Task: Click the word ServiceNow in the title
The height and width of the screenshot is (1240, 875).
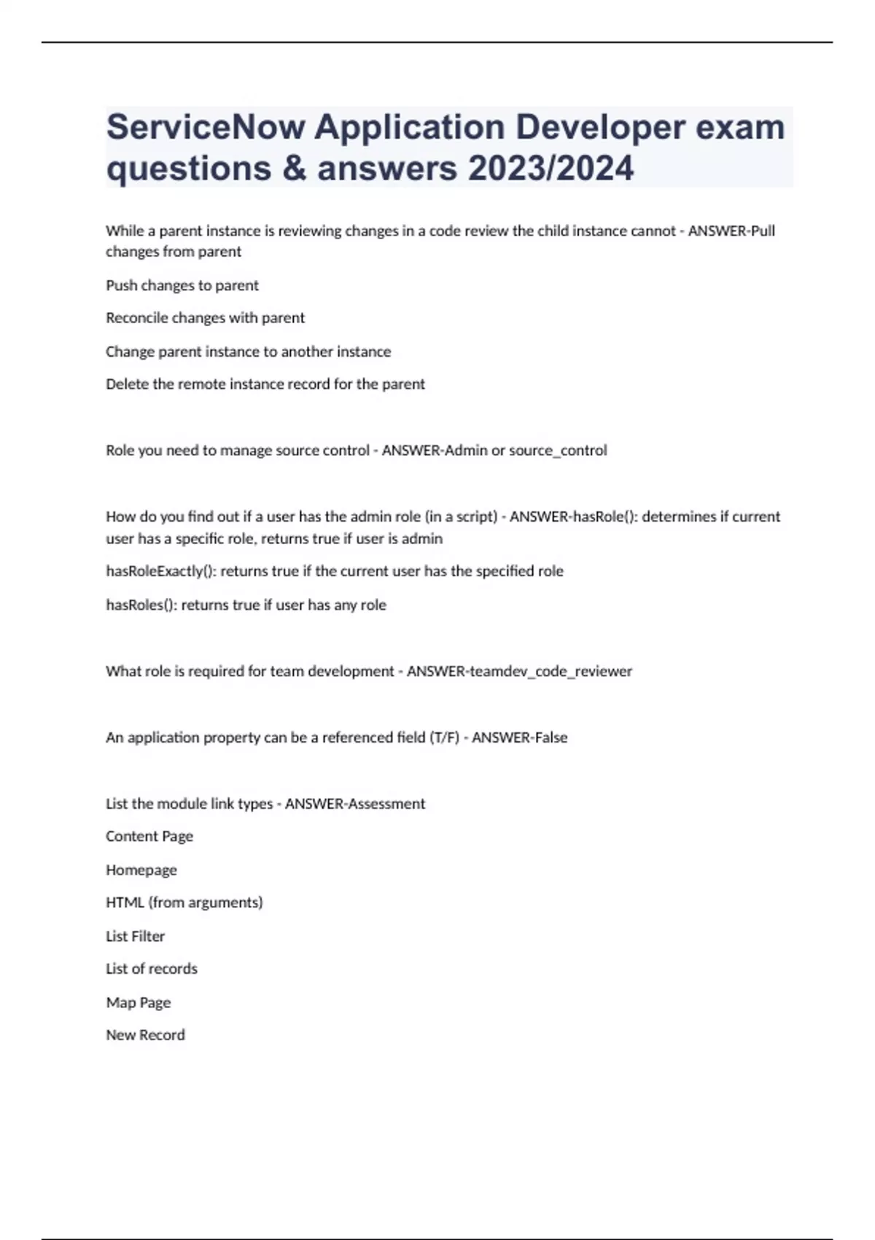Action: tap(206, 128)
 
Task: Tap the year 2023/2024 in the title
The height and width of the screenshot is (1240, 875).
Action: tap(551, 168)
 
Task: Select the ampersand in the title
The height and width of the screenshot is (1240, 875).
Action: tap(294, 168)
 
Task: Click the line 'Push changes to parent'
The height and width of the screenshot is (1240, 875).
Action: tap(182, 285)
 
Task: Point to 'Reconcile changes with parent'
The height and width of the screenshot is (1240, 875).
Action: tap(205, 318)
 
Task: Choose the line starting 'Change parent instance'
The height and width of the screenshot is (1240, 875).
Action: tap(248, 352)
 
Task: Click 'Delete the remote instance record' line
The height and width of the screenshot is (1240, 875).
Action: tap(265, 384)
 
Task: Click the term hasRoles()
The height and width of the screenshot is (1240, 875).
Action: tap(141, 605)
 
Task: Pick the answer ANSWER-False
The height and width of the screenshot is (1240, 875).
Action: tap(519, 737)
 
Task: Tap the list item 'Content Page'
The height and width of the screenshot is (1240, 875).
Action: tap(149, 837)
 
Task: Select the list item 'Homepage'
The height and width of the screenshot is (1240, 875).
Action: tap(141, 870)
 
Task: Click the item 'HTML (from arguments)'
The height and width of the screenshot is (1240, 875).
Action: tap(184, 903)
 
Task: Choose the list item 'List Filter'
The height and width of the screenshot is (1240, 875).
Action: tap(136, 937)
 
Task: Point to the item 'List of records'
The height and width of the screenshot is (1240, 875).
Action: tap(152, 969)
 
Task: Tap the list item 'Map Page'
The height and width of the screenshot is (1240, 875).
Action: tap(139, 1003)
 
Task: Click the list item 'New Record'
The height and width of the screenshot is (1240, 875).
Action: tap(145, 1035)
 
